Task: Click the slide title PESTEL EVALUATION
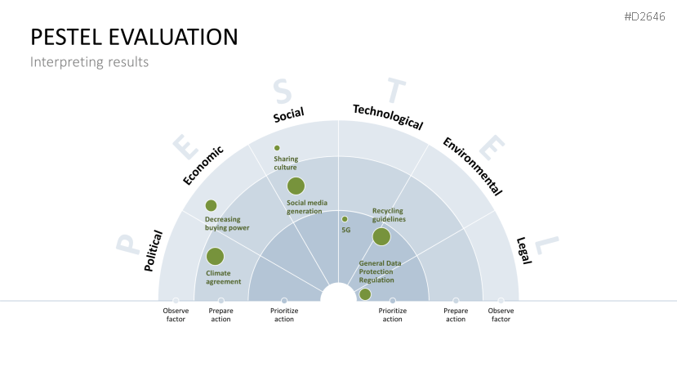click(x=134, y=37)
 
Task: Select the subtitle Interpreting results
click(x=89, y=62)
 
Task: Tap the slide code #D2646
click(x=644, y=16)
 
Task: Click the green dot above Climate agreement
click(x=215, y=257)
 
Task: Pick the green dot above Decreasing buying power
click(x=212, y=205)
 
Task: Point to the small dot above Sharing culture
click(x=277, y=148)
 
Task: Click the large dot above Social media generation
click(x=296, y=186)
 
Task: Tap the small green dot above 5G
click(x=345, y=219)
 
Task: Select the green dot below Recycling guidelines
click(x=381, y=236)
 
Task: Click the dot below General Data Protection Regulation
click(x=365, y=294)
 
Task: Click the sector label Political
click(x=154, y=251)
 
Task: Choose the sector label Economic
click(x=203, y=166)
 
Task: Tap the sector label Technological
click(x=388, y=117)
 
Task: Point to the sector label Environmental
click(x=473, y=167)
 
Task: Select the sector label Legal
click(x=523, y=250)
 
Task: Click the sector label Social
click(x=288, y=114)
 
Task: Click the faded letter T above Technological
click(x=396, y=91)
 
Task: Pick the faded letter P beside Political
click(x=127, y=244)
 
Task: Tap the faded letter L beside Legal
click(x=546, y=245)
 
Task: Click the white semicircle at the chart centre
click(x=338, y=293)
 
